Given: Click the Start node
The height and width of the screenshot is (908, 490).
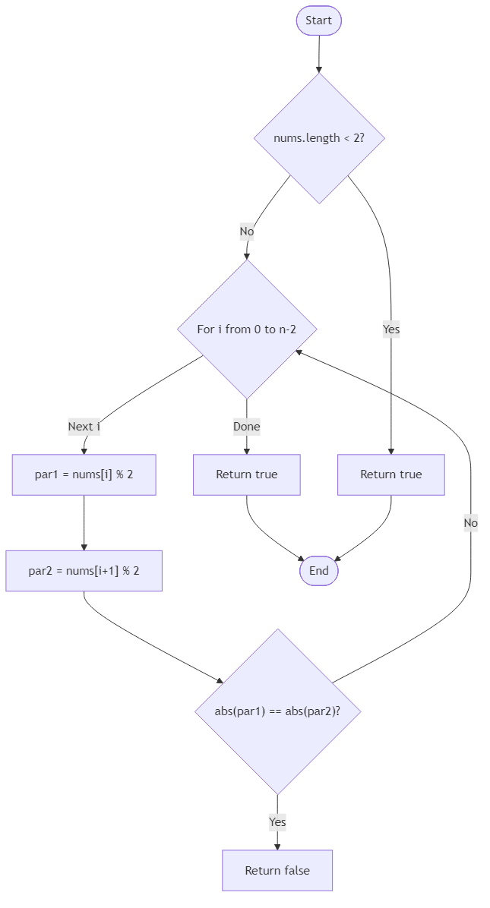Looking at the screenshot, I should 318,20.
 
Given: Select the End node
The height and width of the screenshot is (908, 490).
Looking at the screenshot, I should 318,571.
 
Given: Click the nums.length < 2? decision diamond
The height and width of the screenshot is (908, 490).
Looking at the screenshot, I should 318,138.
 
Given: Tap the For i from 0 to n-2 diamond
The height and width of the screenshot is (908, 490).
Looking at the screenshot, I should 246,329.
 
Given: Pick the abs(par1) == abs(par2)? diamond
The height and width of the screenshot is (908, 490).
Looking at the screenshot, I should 277,711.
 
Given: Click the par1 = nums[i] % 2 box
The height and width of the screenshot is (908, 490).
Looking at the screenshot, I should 84,474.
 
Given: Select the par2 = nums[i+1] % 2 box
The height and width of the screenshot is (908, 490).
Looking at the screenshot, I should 84,571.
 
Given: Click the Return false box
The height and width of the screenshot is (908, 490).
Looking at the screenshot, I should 277,871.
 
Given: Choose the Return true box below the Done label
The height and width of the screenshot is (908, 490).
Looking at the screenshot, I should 246,474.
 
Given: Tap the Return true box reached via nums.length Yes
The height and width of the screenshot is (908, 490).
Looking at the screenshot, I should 390,474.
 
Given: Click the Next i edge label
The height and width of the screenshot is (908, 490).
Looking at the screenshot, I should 84,427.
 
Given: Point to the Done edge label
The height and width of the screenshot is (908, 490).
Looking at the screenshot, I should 246,427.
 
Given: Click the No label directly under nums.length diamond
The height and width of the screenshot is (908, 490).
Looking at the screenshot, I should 246,231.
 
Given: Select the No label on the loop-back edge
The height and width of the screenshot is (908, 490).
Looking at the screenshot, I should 470,523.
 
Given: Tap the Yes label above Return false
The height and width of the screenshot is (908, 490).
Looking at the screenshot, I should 277,822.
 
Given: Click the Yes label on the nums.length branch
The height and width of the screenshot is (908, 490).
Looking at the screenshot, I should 390,329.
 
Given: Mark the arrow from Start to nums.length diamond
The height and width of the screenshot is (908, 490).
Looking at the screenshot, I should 318,53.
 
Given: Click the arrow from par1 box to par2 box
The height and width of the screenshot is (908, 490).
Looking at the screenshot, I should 84,522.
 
